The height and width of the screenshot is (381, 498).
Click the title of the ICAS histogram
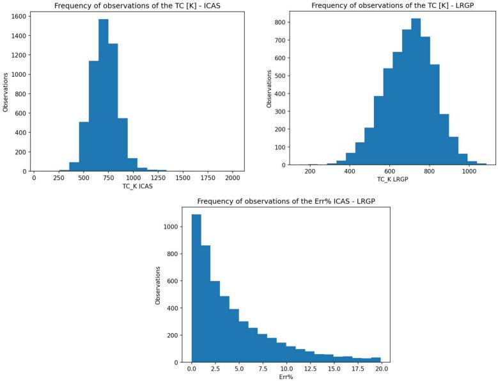(x=138, y=6)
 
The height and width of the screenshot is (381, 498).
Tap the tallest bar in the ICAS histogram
(x=104, y=96)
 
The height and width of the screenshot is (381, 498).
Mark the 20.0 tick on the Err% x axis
(x=381, y=369)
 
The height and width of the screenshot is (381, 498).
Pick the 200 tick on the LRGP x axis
(x=311, y=172)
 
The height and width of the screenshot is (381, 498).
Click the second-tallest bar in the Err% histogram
(x=206, y=304)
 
